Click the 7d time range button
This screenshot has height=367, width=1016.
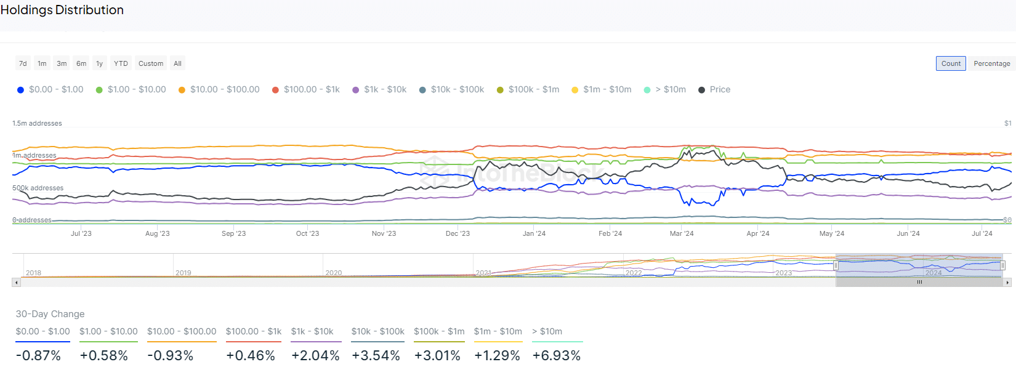[23, 63]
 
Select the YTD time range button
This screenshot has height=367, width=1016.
[121, 63]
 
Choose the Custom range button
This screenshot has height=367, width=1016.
[151, 63]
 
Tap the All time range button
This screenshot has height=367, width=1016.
[177, 63]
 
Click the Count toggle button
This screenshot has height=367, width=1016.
[951, 63]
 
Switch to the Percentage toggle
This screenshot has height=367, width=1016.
[991, 63]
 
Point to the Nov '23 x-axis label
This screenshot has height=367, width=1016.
[384, 233]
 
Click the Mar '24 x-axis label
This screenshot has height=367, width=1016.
[682, 233]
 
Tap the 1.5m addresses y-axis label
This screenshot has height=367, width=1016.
[37, 123]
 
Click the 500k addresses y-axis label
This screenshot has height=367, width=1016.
[38, 188]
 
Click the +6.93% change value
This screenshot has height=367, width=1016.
[557, 356]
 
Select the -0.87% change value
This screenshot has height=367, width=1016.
[38, 356]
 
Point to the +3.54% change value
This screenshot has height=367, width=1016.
[376, 356]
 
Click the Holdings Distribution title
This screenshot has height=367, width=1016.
[62, 10]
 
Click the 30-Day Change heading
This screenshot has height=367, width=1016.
[50, 314]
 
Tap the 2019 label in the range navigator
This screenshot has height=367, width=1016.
[183, 273]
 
